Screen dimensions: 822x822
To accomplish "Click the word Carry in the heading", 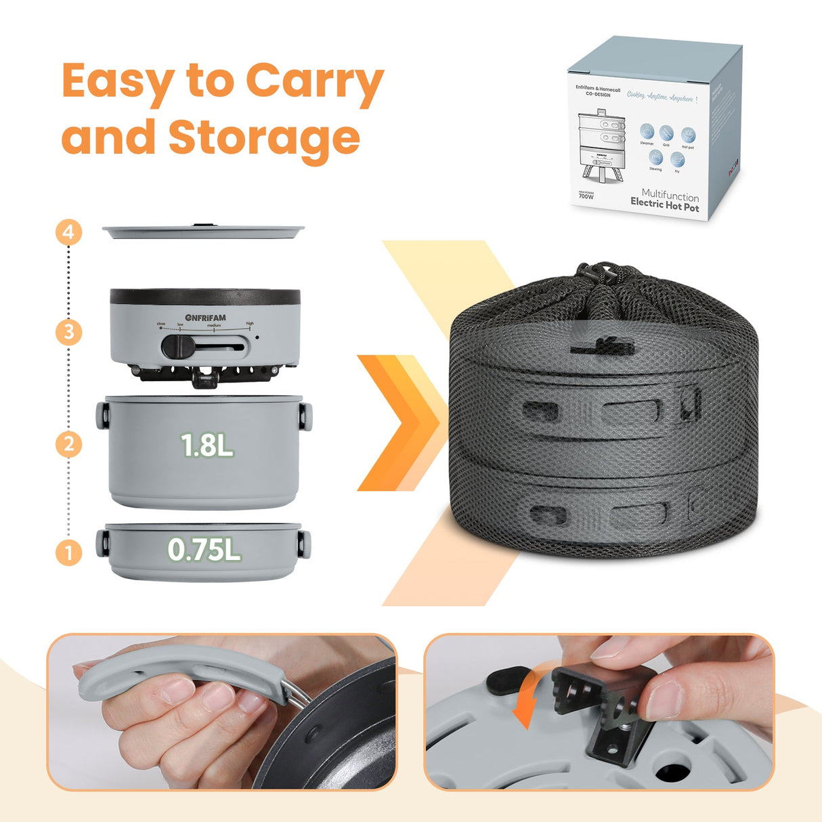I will (314, 82).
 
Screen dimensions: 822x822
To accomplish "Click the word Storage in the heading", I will (264, 137).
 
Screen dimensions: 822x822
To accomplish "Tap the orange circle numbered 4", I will (68, 233).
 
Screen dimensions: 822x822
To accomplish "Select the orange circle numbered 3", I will (68, 332).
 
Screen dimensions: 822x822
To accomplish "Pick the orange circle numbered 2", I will (68, 444).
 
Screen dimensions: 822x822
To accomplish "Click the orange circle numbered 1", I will (68, 553).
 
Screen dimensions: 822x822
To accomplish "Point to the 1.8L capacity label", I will (207, 445).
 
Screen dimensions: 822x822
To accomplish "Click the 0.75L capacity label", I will (204, 550).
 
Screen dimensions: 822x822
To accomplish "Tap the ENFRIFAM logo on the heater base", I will (206, 318).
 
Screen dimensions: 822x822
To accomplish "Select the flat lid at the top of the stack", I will (203, 232).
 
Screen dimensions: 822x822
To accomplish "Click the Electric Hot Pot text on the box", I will (664, 207).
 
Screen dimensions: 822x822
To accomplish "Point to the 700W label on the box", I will (586, 196).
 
